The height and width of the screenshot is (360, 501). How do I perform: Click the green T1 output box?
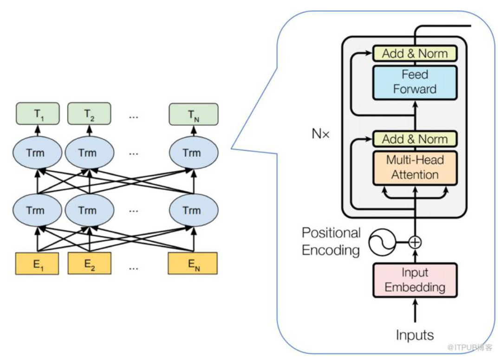[38, 114]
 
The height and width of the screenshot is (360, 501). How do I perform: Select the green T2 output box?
[89, 114]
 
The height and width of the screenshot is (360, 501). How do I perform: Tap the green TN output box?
[193, 114]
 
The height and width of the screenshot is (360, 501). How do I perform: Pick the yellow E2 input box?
[89, 264]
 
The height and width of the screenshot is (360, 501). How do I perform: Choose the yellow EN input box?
[193, 264]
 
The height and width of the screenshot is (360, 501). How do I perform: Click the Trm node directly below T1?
[36, 153]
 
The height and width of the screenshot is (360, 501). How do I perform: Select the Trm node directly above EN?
[192, 210]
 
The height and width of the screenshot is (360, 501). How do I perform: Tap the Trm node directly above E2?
[88, 210]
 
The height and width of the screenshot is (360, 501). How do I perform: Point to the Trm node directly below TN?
[192, 153]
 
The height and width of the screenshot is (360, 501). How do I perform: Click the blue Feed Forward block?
[415, 82]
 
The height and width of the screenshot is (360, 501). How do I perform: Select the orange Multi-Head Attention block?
[415, 167]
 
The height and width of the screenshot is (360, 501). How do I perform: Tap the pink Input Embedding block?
[415, 280]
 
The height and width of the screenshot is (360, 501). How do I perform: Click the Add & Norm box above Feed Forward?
[415, 54]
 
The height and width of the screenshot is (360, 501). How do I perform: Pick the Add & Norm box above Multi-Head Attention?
[415, 139]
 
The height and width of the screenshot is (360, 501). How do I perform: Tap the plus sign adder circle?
[415, 242]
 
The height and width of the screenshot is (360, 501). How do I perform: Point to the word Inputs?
[415, 334]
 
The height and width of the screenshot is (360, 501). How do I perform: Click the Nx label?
[320, 135]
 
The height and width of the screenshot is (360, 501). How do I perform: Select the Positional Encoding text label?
[331, 241]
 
